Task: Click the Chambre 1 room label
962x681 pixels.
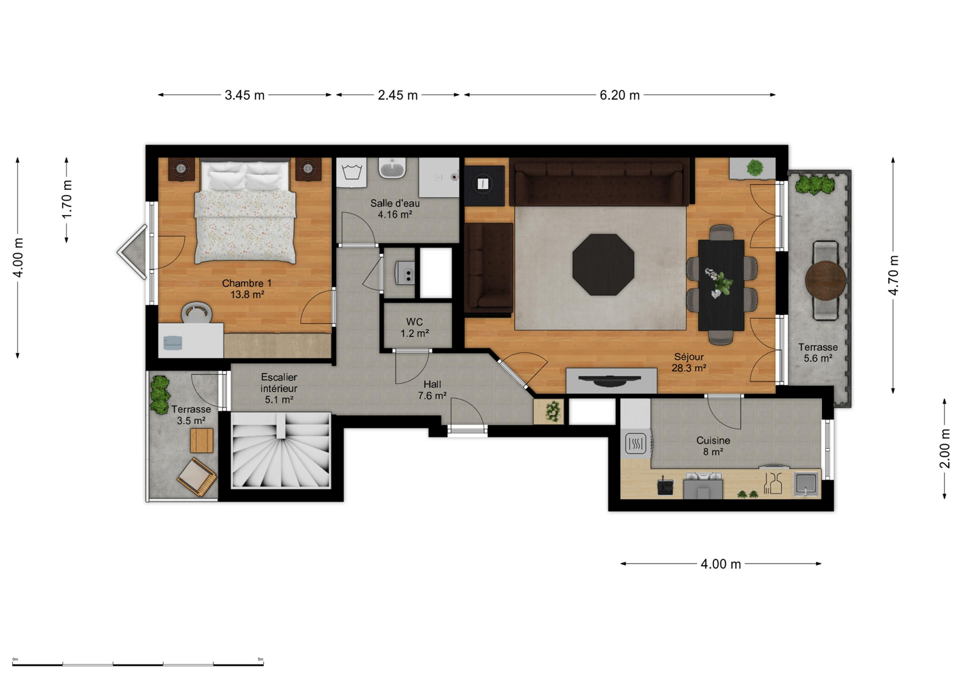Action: pyautogui.click(x=247, y=289)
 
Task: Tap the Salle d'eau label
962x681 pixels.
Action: pyautogui.click(x=395, y=208)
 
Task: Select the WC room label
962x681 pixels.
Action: pyautogui.click(x=415, y=327)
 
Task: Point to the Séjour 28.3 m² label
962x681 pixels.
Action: pyautogui.click(x=689, y=362)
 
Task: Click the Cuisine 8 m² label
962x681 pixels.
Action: pyautogui.click(x=714, y=446)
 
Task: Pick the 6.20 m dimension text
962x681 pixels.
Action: pyautogui.click(x=620, y=95)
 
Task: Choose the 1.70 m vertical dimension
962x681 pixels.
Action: pyautogui.click(x=67, y=200)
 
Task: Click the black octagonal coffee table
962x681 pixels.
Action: pyautogui.click(x=604, y=264)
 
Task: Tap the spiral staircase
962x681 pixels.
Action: pyautogui.click(x=281, y=450)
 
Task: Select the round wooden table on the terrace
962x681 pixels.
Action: pyautogui.click(x=825, y=280)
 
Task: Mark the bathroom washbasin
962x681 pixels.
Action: pyautogui.click(x=392, y=167)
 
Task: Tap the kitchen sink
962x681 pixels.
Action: pyautogui.click(x=806, y=484)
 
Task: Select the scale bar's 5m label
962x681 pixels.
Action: pyautogui.click(x=260, y=659)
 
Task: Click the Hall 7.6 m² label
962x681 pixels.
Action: pyautogui.click(x=432, y=390)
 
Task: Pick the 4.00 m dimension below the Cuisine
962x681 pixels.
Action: pyautogui.click(x=721, y=564)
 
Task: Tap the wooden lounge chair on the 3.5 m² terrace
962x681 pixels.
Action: pyautogui.click(x=197, y=476)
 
